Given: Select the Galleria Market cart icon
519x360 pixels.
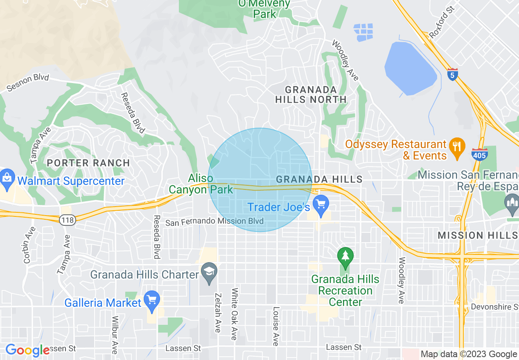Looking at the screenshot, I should click(152, 302).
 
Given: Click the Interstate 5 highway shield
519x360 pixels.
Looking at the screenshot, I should click(452, 75).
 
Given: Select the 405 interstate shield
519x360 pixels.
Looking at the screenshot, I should click(479, 154).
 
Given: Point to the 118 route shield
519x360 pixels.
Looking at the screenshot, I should click(66, 220).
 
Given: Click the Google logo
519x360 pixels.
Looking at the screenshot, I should click(27, 350).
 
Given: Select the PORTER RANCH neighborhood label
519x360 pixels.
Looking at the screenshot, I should click(88, 163).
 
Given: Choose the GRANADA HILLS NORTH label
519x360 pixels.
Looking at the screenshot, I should click(311, 94).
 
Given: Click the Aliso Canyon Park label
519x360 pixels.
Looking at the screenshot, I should click(201, 184).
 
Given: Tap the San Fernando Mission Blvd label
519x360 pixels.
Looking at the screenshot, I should click(214, 222).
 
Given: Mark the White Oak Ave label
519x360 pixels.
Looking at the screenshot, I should click(235, 314).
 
